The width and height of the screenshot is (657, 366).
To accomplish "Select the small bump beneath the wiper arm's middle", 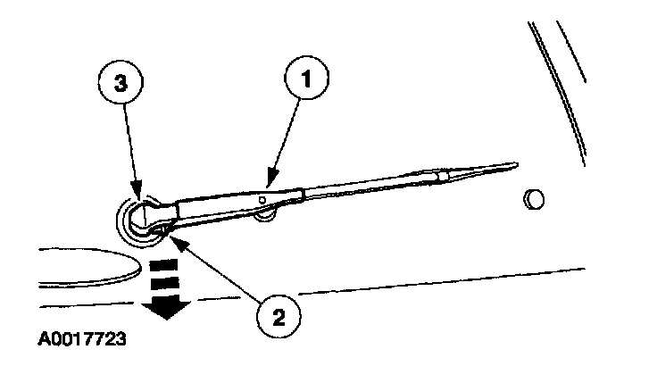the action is tap(265, 212).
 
